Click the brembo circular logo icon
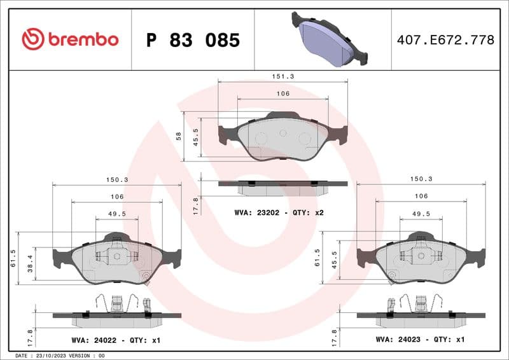(x=33, y=39)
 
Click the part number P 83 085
(x=193, y=40)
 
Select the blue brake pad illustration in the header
(x=329, y=39)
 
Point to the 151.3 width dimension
(x=283, y=76)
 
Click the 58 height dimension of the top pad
(x=179, y=136)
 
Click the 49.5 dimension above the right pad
(x=421, y=214)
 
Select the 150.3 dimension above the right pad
(x=421, y=179)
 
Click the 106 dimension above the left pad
(x=116, y=197)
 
